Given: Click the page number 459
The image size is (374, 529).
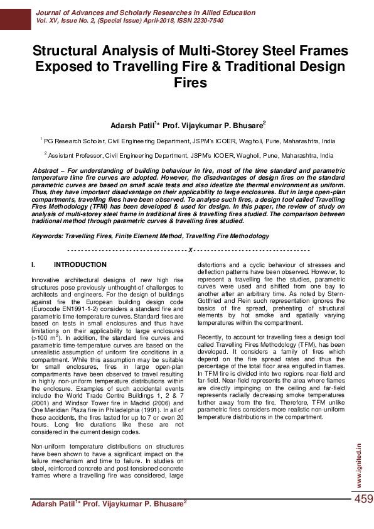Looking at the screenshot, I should (x=363, y=499).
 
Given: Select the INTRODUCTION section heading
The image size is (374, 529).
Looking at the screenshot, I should (x=80, y=265).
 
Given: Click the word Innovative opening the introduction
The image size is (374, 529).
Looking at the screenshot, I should (x=46, y=278).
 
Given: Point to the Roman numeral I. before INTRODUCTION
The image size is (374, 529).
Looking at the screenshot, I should (x=35, y=265).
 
